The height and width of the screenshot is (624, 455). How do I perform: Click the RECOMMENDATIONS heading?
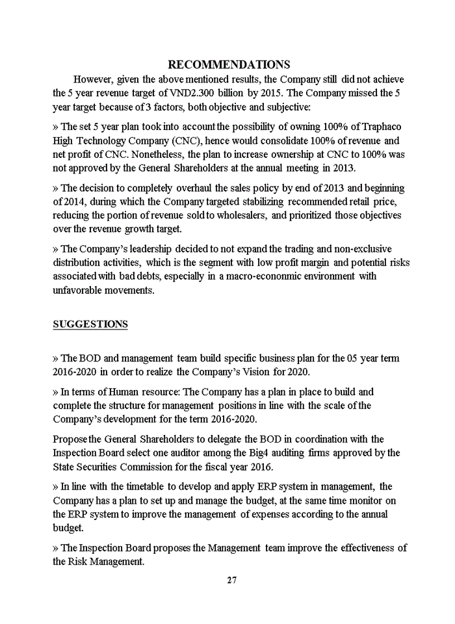point(228,64)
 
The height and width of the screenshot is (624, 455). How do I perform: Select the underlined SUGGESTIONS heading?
point(90,324)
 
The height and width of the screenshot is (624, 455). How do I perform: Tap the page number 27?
point(232,580)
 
